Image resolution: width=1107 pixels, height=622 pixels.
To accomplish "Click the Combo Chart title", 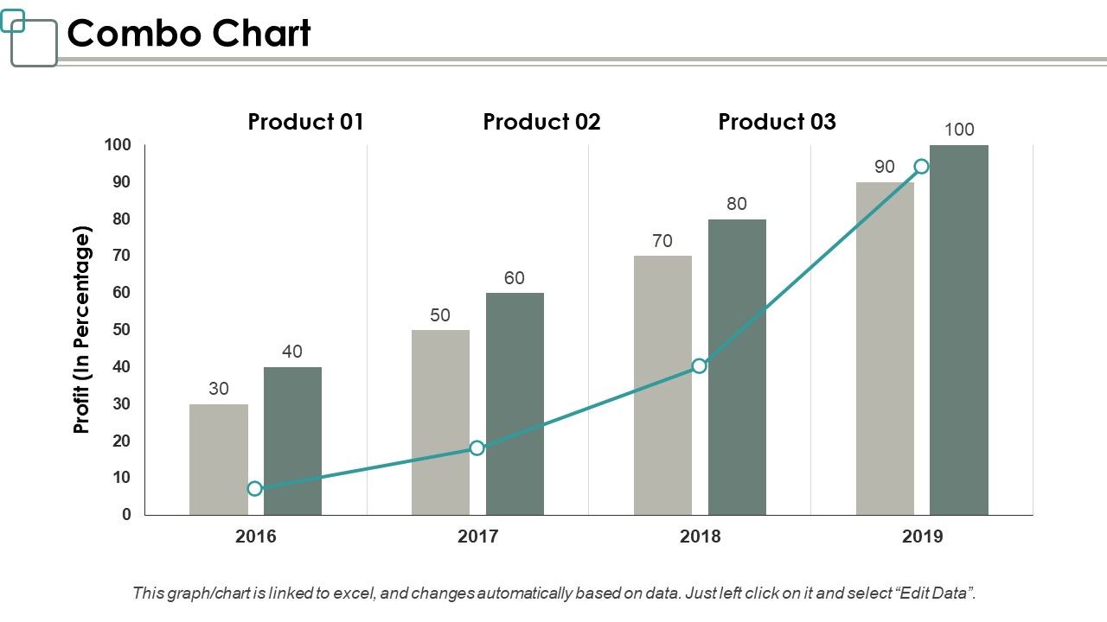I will (189, 35).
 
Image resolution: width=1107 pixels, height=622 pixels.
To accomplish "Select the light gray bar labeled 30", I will (218, 459).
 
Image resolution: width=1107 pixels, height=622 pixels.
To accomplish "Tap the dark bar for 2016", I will (292, 441).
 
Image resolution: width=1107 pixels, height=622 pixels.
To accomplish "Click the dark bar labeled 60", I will (515, 403).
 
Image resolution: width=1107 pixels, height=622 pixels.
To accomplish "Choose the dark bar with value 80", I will (737, 366).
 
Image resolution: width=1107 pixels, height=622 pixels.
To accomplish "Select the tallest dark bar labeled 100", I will (959, 329).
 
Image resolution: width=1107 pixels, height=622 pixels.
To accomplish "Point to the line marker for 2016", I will (254, 489).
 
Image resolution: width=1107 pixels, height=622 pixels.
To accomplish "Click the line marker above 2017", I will (477, 447).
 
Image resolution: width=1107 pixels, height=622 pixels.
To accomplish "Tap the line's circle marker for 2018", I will (700, 365).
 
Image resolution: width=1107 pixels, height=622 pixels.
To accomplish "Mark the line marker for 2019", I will (922, 167).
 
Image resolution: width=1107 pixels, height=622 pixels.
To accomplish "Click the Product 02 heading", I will (541, 122).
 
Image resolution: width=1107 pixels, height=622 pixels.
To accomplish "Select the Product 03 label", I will (777, 122).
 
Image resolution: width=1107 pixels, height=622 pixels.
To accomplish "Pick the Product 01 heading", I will (305, 122).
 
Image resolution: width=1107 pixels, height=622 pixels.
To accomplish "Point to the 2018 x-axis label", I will (700, 536).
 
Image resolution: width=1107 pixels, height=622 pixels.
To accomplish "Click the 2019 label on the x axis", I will (922, 536).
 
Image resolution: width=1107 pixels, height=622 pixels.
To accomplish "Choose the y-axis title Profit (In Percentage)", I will (82, 330).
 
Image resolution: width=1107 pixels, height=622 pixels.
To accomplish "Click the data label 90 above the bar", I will (884, 167).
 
